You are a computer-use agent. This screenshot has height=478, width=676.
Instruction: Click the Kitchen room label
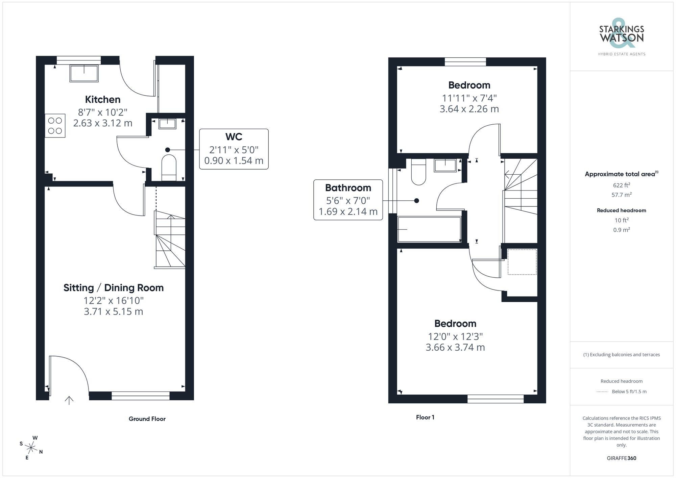(x=102, y=100)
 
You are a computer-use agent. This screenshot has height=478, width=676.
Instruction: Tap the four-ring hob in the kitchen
(x=55, y=125)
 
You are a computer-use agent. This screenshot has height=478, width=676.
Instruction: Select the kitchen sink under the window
(x=84, y=73)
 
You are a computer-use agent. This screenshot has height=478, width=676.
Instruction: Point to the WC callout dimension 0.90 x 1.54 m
(x=234, y=161)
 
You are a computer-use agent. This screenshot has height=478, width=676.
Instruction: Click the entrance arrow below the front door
(x=69, y=400)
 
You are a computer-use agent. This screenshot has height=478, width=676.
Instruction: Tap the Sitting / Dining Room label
(x=114, y=288)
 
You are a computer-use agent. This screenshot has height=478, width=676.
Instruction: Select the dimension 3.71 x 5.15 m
(x=114, y=311)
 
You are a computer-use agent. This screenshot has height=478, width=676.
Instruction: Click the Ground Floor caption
(x=147, y=419)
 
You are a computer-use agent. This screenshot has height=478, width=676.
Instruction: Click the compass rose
(x=31, y=448)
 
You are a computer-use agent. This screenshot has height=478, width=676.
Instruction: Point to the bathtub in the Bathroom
(x=429, y=229)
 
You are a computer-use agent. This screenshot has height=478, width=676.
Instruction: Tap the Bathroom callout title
(x=348, y=188)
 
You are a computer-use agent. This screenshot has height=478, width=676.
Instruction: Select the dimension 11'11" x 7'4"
(x=469, y=98)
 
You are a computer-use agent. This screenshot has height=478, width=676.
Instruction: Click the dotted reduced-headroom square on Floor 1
(x=522, y=262)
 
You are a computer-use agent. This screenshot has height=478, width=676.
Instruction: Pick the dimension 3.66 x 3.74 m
(x=455, y=348)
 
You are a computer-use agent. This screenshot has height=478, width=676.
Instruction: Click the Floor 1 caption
(x=425, y=418)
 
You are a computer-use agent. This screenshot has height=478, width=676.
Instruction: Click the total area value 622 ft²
(x=621, y=185)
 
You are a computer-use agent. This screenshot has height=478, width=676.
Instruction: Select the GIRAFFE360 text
(x=621, y=458)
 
